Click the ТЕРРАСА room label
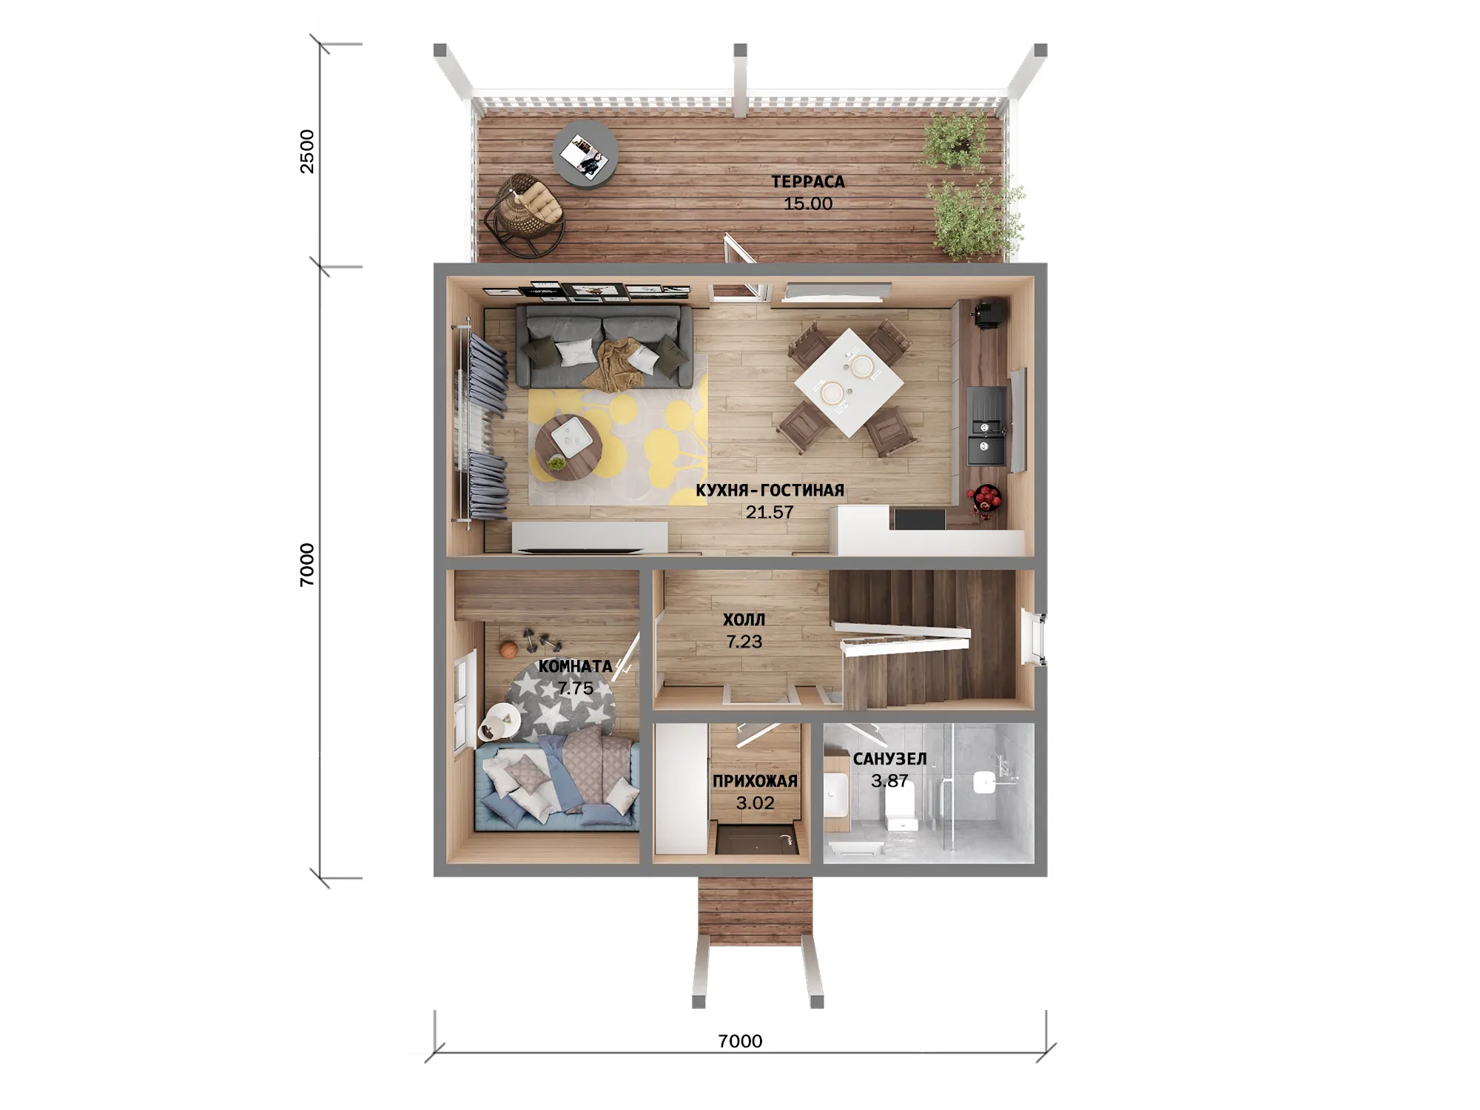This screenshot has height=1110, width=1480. pyautogui.click(x=807, y=181)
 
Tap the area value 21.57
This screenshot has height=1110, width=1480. pyautogui.click(x=769, y=512)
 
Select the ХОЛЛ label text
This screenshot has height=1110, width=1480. pyautogui.click(x=744, y=620)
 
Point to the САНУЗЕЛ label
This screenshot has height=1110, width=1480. pyautogui.click(x=889, y=759)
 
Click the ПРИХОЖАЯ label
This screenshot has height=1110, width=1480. pyautogui.click(x=755, y=781)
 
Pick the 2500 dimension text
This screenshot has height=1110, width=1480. pyautogui.click(x=306, y=152)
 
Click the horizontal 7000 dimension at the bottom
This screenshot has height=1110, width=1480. pyautogui.click(x=740, y=1041)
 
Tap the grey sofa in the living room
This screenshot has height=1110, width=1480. pyautogui.click(x=604, y=346)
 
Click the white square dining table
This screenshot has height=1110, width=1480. pyautogui.click(x=849, y=383)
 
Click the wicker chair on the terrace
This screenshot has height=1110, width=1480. pyautogui.click(x=524, y=215)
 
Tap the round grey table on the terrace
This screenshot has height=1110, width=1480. pyautogui.click(x=585, y=155)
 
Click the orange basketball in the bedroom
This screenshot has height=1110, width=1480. pyautogui.click(x=508, y=650)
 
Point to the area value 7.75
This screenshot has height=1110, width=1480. pyautogui.click(x=576, y=688)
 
